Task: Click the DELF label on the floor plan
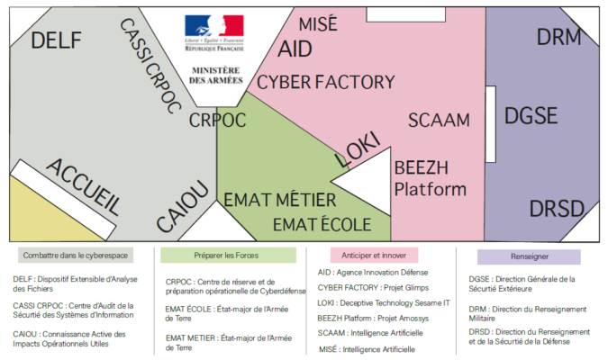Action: (56, 40)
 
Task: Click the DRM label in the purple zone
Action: (559, 38)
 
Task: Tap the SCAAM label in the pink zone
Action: (439, 120)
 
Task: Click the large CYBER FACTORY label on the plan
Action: (325, 83)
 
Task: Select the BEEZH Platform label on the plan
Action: (431, 177)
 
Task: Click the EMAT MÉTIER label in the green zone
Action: (279, 200)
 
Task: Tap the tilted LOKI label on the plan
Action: (358, 149)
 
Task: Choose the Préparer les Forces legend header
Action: (228, 256)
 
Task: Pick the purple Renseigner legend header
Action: (528, 256)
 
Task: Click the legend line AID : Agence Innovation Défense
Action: (373, 272)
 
